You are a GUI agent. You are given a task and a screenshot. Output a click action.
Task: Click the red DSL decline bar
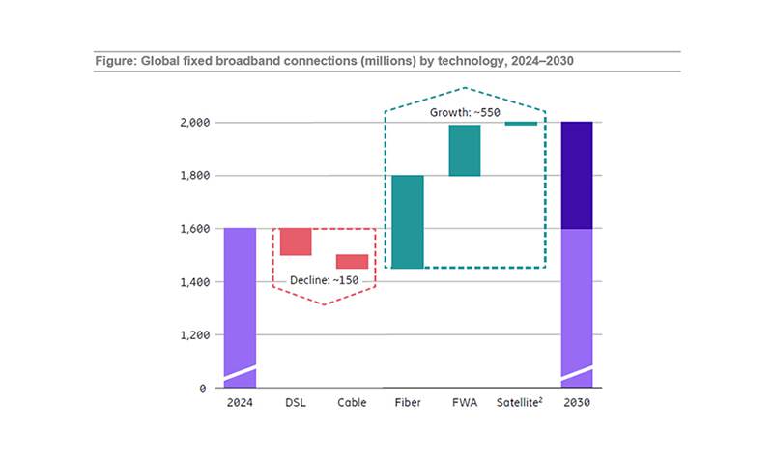coord(296,242)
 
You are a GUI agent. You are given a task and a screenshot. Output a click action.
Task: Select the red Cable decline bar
coord(352,261)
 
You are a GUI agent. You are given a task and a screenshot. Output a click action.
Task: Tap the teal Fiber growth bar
coord(408,221)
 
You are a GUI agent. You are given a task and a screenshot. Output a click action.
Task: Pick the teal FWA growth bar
coord(464,150)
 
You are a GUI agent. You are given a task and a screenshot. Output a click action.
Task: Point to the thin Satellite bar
coord(521,124)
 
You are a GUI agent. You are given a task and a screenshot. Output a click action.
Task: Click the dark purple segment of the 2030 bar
coord(577,175)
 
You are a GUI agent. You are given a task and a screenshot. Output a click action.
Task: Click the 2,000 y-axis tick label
coord(194,123)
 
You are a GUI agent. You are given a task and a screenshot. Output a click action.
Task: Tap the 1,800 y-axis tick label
coord(194,176)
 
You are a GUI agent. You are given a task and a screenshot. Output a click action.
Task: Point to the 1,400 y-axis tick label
coord(194,282)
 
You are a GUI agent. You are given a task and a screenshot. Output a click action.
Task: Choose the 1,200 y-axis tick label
coord(194,335)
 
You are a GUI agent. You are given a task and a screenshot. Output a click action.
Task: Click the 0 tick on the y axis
coord(203,389)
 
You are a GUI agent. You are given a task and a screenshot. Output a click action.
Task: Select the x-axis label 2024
coord(240,403)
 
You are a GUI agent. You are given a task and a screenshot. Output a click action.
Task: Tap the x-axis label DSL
coord(296,403)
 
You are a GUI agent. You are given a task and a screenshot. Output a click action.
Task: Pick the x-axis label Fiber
coord(408,403)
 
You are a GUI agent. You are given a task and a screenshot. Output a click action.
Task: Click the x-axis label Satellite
coord(521,403)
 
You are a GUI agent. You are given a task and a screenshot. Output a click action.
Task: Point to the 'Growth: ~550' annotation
coord(465,112)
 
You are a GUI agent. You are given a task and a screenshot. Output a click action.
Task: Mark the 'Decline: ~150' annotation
coord(324,281)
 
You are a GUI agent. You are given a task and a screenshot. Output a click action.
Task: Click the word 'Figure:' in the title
coord(116,61)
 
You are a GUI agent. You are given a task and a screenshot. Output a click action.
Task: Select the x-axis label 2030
coord(577,403)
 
